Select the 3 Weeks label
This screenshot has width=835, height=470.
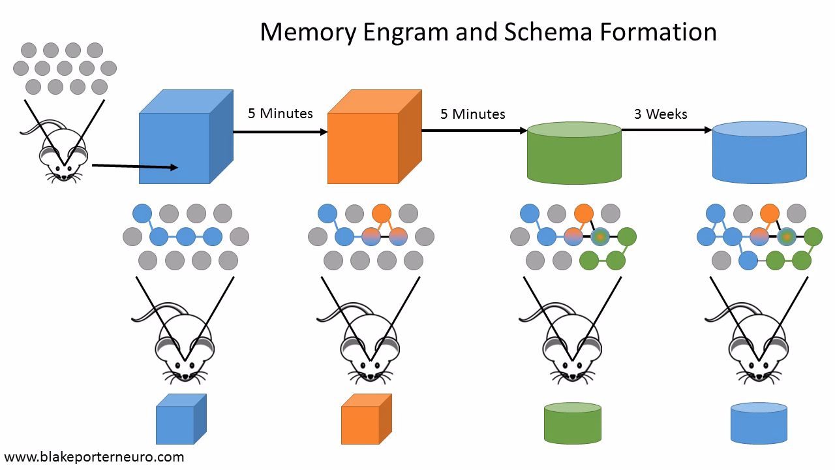point(660,114)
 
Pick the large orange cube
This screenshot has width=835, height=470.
point(364,148)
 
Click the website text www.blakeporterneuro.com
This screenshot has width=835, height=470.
point(95,457)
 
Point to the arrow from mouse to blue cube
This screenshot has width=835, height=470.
point(134,166)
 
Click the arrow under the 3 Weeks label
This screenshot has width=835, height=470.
point(666,130)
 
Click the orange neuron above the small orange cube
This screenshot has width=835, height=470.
point(382,213)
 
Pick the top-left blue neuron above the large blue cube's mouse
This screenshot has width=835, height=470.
point(142,213)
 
